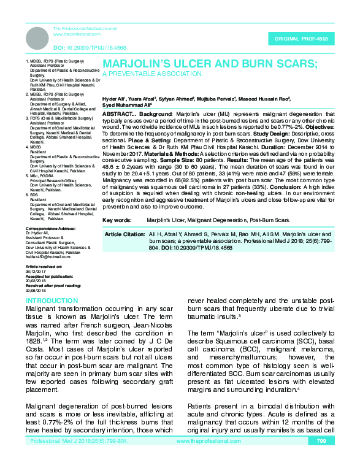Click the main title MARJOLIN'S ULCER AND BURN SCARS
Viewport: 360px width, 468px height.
point(210,64)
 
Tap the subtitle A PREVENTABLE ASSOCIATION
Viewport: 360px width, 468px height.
point(152,74)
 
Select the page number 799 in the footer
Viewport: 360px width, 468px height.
point(321,458)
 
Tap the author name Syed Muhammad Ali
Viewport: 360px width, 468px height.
point(124,105)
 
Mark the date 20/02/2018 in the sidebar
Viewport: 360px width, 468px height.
point(36,281)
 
